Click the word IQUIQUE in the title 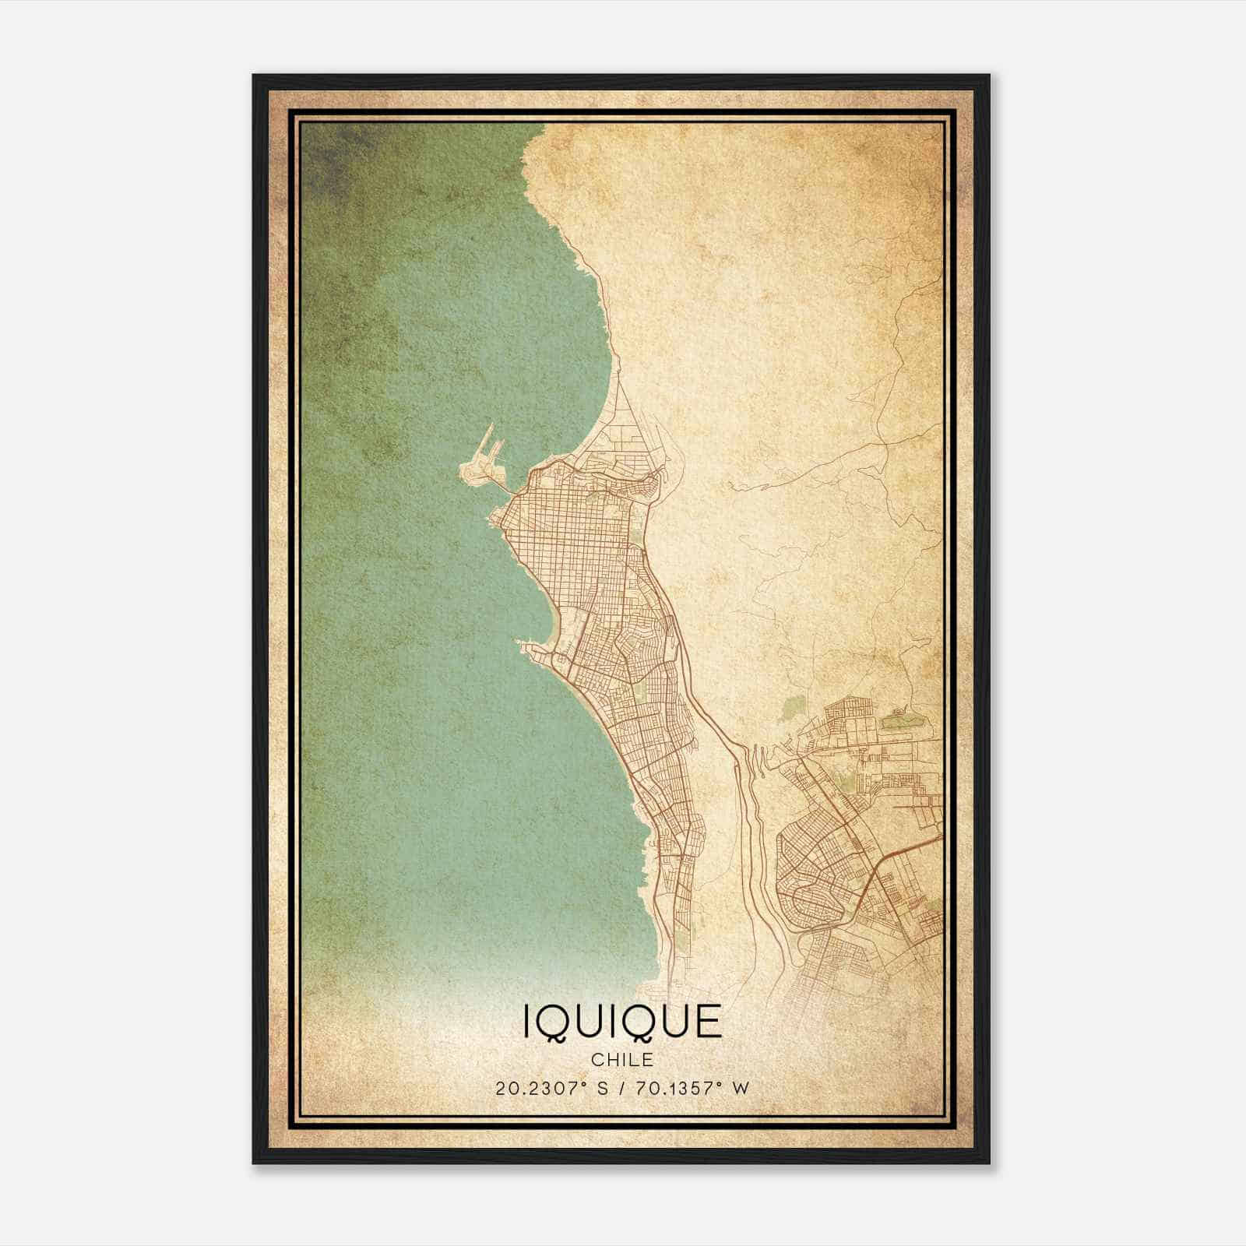[x=622, y=1022]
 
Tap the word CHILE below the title [x=622, y=1060]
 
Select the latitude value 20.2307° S [x=548, y=1088]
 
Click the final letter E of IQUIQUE [x=707, y=1022]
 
